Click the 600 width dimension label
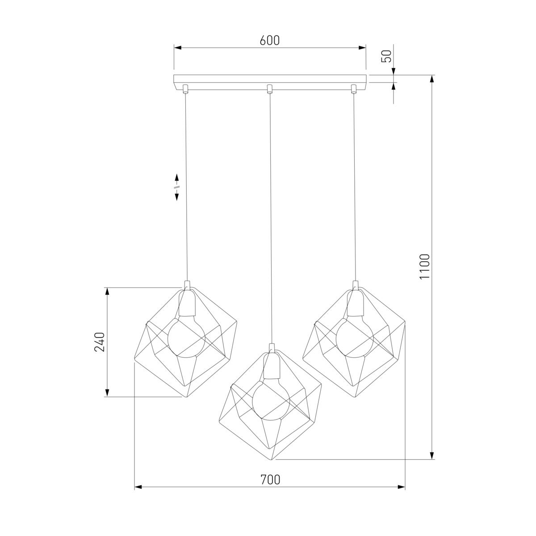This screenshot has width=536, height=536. [x=269, y=40]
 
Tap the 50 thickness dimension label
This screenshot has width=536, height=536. [x=387, y=55]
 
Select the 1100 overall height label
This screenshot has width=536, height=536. [x=424, y=267]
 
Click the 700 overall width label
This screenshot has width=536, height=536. [x=270, y=480]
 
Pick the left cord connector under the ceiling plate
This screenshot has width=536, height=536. [x=185, y=88]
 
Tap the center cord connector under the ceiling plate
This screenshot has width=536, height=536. [x=269, y=88]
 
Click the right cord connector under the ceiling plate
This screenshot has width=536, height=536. [x=354, y=88]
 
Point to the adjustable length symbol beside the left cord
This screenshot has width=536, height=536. [x=177, y=187]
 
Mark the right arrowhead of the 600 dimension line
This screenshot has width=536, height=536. [x=362, y=47]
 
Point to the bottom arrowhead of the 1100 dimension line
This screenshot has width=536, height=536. [x=431, y=455]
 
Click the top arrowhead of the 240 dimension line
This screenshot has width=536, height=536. [x=107, y=292]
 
